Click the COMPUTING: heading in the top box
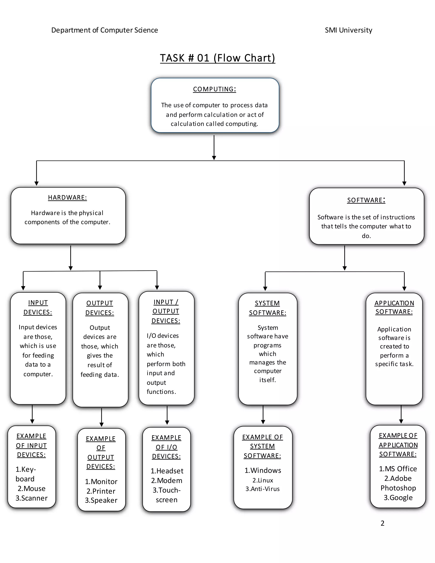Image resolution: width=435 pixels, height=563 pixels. pos(214,89)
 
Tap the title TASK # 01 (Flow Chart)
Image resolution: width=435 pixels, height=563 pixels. pos(217,58)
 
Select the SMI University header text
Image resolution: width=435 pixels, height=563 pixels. pos(348,30)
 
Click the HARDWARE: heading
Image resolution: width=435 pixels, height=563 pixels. pos(68,197)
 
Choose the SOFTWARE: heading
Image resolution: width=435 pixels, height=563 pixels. pos(366,200)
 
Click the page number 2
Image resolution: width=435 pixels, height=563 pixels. pos(382,523)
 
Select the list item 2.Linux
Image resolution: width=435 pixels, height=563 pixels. pos(263,480)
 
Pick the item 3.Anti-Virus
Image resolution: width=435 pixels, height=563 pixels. pos(262,489)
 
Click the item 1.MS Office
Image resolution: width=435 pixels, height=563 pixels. pos(398,469)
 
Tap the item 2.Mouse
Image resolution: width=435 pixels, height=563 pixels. pos(31,488)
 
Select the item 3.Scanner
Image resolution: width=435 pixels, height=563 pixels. pos(31,498)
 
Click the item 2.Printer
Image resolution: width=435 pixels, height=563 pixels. pos(101,491)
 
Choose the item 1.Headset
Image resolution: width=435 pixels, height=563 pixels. pos(167,471)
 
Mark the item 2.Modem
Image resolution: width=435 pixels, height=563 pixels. pos(167,481)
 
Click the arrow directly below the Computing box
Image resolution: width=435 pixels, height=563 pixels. pos(214,147)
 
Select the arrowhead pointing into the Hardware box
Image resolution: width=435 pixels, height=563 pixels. pos(37,183)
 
